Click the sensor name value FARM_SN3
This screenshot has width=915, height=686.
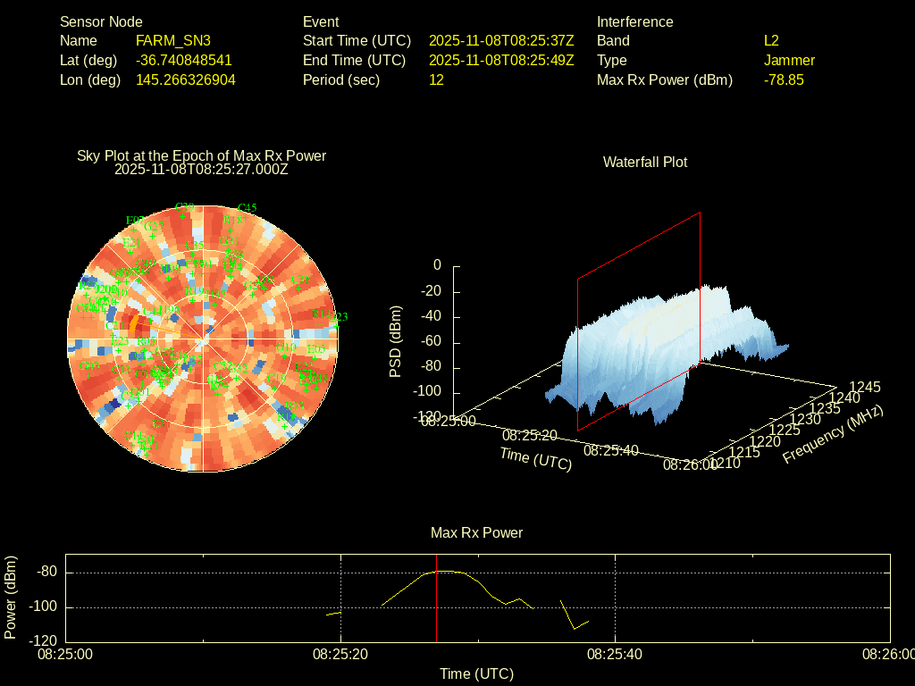[172, 40]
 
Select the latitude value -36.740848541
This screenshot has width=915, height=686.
[183, 60]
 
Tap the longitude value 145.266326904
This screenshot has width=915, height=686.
[185, 79]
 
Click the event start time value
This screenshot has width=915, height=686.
[500, 40]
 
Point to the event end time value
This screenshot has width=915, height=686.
[500, 60]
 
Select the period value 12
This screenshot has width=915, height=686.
[436, 79]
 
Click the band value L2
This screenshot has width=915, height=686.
[771, 40]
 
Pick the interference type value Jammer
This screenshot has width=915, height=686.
[789, 60]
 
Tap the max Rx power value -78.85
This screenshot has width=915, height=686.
[784, 79]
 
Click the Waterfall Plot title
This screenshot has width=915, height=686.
[645, 162]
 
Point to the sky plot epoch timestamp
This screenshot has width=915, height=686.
[201, 169]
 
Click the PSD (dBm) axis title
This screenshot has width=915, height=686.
[396, 341]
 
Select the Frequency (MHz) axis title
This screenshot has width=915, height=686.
[833, 434]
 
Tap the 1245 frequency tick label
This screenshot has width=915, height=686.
[864, 387]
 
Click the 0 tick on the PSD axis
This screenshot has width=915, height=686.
[437, 265]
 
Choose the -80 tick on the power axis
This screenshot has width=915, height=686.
[48, 572]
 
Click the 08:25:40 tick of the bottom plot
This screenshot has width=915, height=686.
[616, 654]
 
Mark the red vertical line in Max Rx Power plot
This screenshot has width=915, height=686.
[436, 607]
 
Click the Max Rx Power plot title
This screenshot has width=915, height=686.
[476, 532]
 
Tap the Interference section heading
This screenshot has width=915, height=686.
[634, 21]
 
